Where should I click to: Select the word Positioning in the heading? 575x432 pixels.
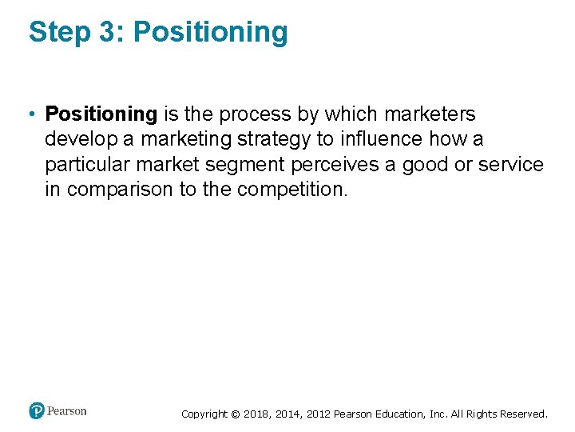click(x=210, y=33)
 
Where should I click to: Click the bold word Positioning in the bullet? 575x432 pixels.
click(x=101, y=114)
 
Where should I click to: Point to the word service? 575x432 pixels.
click(x=511, y=165)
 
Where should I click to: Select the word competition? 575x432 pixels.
click(x=293, y=190)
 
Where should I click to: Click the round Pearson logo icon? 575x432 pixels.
click(x=36, y=411)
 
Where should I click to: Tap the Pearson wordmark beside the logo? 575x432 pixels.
click(x=66, y=411)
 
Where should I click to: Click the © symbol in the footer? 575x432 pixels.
click(x=235, y=414)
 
